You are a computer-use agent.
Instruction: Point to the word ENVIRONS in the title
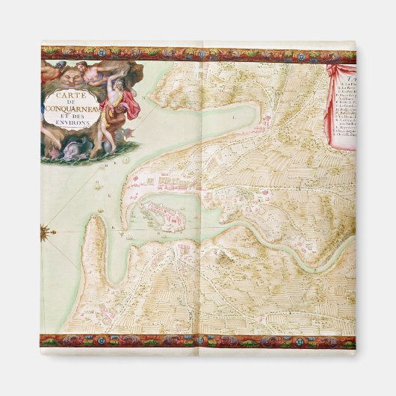tap(77, 128)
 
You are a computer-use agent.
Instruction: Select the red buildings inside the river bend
tap(262, 200)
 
